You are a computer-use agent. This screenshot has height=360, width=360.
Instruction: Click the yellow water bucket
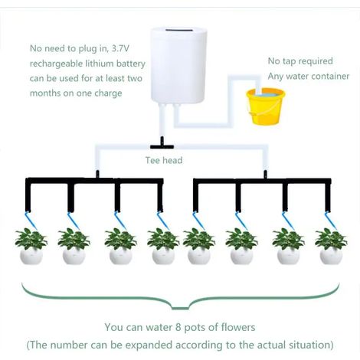click(266, 106)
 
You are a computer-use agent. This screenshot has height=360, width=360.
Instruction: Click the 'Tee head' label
click(164, 160)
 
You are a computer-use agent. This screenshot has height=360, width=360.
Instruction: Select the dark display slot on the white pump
click(178, 30)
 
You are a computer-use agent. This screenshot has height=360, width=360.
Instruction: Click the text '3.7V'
click(120, 48)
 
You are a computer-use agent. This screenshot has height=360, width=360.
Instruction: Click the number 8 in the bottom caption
click(178, 327)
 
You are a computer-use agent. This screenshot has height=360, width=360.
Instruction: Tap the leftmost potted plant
click(31, 247)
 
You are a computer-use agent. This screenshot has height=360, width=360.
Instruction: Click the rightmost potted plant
click(331, 247)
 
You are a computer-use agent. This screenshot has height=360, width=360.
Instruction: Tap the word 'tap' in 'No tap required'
click(290, 61)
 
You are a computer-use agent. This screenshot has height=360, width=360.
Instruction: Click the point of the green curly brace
click(180, 309)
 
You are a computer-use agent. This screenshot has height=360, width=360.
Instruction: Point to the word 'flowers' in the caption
click(238, 327)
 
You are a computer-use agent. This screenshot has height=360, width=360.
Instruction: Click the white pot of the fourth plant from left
click(163, 257)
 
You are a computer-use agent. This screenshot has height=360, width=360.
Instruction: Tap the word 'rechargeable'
click(56, 64)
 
